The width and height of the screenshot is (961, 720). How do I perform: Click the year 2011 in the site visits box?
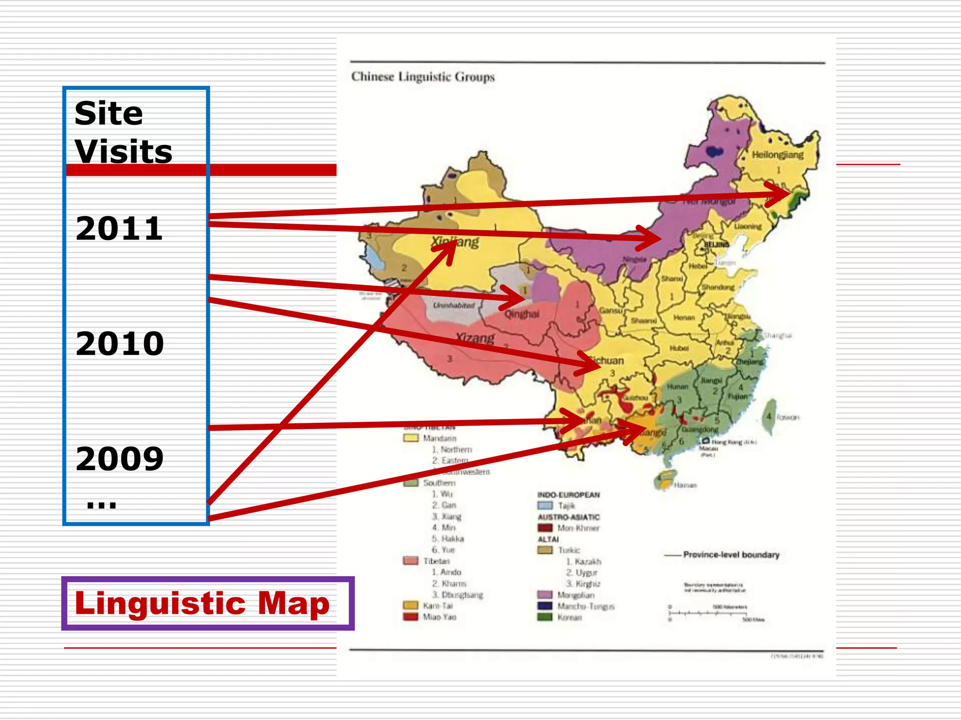click(119, 229)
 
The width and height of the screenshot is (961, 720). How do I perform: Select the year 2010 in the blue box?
click(120, 344)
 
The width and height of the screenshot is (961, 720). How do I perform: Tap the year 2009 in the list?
click(120, 458)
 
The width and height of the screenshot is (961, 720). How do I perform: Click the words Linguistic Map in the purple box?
click(202, 603)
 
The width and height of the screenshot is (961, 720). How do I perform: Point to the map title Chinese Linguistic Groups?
click(423, 77)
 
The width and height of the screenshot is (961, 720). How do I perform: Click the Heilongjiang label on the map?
click(778, 155)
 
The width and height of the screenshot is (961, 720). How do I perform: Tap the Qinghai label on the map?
click(522, 314)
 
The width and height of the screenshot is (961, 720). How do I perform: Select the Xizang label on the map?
click(475, 337)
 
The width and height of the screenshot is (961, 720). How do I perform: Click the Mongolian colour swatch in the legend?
click(545, 595)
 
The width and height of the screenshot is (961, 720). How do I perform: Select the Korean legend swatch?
click(545, 617)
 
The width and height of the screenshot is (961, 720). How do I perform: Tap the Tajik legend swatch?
click(545, 505)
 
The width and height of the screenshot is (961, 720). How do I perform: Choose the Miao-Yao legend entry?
click(439, 617)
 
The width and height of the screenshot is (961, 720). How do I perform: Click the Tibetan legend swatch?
click(411, 561)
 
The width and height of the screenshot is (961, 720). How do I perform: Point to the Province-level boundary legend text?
click(731, 555)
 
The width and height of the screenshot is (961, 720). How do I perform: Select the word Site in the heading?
click(108, 113)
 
